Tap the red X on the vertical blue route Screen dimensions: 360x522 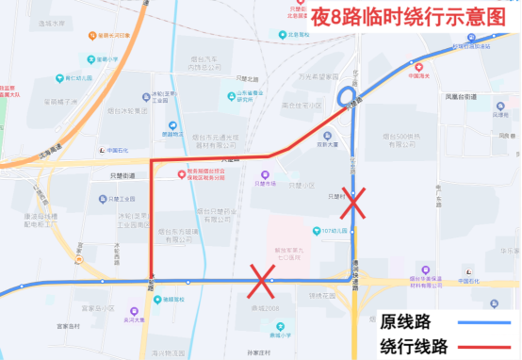pos(353,201)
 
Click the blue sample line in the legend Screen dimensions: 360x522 pos(486,320)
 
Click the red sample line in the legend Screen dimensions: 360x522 pos(486,345)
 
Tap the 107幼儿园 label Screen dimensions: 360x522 pos(334,231)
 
